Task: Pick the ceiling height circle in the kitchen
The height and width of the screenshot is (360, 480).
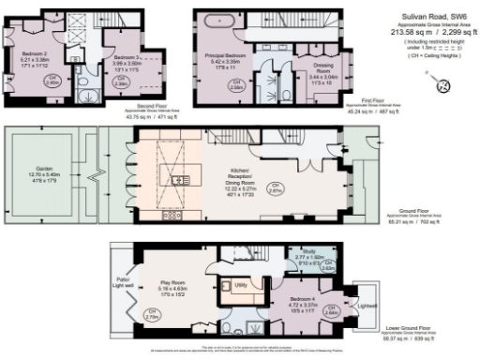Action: pyautogui.click(x=276, y=187)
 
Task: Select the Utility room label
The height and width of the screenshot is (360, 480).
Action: pyautogui.click(x=240, y=283)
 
